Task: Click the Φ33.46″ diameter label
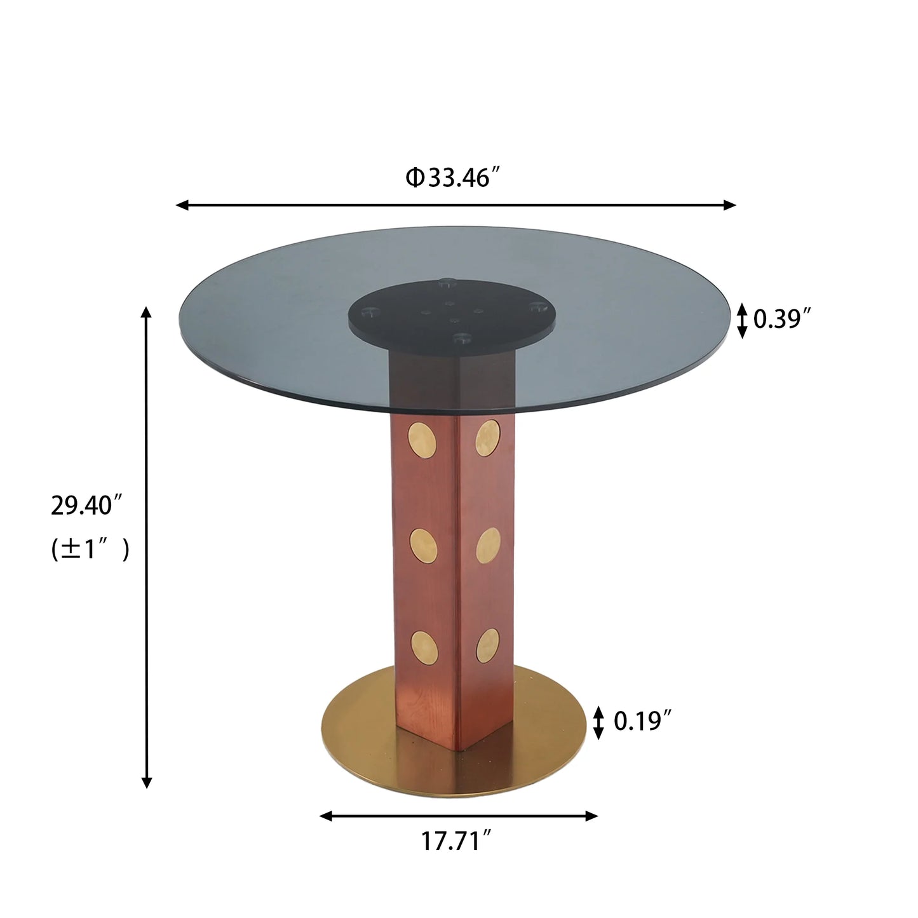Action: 456,178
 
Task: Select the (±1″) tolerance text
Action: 90,548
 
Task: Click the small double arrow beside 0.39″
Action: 741,320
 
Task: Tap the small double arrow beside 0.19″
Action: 598,722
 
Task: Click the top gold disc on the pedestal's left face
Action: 422,439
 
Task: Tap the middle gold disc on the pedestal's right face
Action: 487,545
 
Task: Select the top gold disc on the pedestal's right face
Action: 487,438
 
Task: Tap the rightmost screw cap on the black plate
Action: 537,307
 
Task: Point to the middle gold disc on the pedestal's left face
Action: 423,544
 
